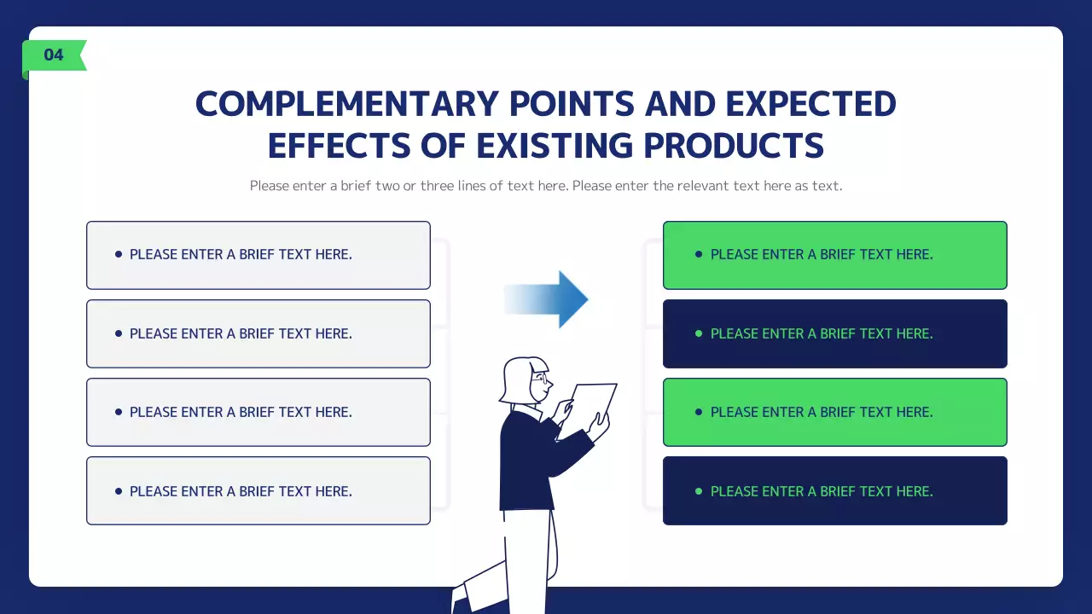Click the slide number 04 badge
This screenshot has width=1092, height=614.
[x=54, y=55]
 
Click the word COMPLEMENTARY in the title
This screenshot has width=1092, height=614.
[x=346, y=104]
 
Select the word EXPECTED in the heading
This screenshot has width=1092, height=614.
[x=810, y=104]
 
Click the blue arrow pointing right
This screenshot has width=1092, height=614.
[x=550, y=299]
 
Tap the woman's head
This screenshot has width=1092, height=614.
[x=525, y=379]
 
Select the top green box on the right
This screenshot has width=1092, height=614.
[x=834, y=255]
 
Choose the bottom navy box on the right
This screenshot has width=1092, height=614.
[x=834, y=491]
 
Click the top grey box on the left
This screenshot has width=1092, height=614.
[x=258, y=255]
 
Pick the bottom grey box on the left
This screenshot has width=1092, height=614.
[x=258, y=491]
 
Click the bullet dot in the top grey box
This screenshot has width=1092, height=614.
[x=119, y=254]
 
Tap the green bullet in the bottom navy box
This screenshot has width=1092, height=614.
[x=699, y=491]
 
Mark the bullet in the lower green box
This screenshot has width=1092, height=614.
[x=699, y=412]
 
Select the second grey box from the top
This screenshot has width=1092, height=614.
[x=258, y=333]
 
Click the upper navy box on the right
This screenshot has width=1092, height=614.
[x=834, y=333]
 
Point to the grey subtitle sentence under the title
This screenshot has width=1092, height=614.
[x=546, y=186]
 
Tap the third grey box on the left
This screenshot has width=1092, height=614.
[x=258, y=412]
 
